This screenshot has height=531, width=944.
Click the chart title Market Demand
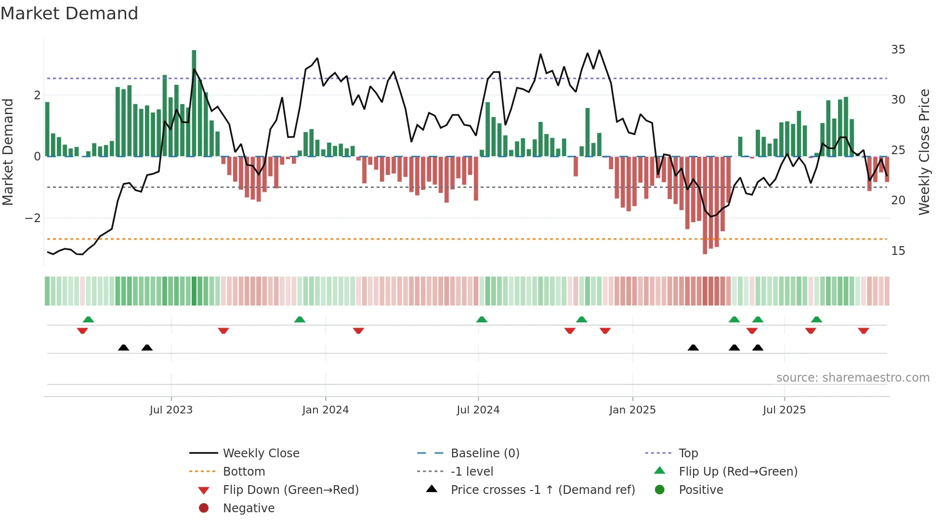pyautogui.click(x=69, y=13)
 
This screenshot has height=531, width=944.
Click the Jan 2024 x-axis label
pyautogui.click(x=325, y=410)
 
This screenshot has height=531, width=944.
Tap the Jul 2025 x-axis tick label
pyautogui.click(x=784, y=410)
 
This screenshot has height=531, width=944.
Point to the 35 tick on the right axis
pyautogui.click(x=898, y=50)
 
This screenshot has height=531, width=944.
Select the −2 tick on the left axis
pyautogui.click(x=33, y=218)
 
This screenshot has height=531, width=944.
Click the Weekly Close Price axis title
pyautogui.click(x=924, y=152)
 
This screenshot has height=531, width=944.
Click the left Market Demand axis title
pyautogui.click(x=8, y=152)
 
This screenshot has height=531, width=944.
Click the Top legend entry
pyautogui.click(x=688, y=453)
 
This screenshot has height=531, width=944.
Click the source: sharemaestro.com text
pyautogui.click(x=852, y=378)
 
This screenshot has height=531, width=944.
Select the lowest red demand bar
pyautogui.click(x=705, y=205)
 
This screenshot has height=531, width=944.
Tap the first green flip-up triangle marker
pyautogui.click(x=88, y=319)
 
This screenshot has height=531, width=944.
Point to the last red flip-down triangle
pyautogui.click(x=863, y=331)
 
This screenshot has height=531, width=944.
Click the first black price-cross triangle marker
pyautogui.click(x=124, y=347)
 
